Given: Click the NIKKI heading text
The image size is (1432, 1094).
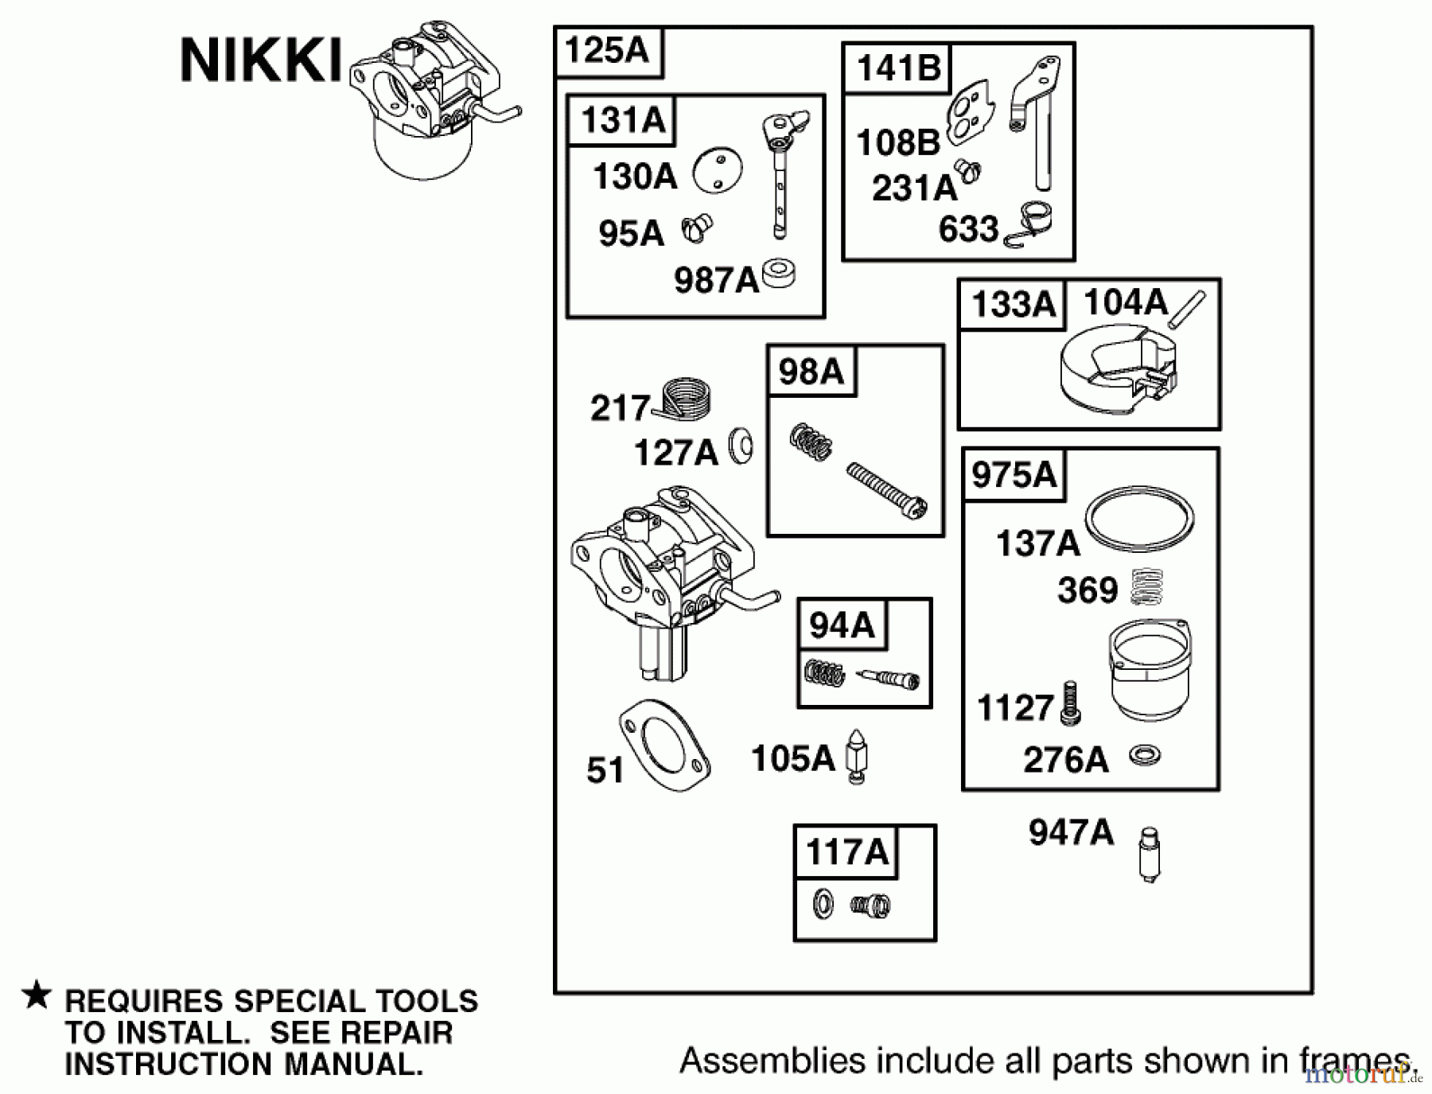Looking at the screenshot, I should click(261, 61).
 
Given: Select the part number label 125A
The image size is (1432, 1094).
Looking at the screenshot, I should click(607, 51).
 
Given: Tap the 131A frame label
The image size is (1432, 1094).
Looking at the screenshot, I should click(622, 121).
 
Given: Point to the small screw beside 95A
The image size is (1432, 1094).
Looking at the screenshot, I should click(697, 231).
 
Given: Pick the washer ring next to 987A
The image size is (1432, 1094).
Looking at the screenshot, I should click(780, 274).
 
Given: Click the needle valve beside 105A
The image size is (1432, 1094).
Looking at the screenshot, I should click(856, 757).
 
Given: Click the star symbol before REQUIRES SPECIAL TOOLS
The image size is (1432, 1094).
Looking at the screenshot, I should click(37, 996).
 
